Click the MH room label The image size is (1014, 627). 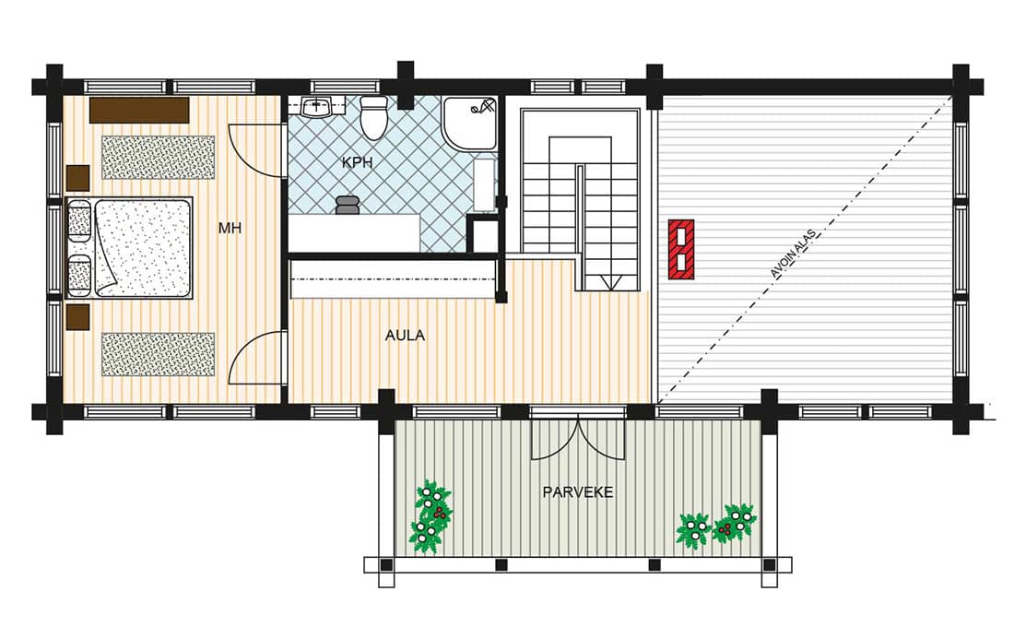point(230,228)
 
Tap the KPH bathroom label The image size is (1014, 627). point(357,162)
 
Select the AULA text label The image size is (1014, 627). point(405,336)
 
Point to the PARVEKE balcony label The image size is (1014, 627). point(577,491)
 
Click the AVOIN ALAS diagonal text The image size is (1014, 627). point(794,253)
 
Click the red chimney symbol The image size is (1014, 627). point(681,249)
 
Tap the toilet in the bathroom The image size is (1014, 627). point(372,118)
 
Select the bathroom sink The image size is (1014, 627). point(317,106)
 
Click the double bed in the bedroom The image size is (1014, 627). point(130,248)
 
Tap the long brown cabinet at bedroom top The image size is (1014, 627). point(139,110)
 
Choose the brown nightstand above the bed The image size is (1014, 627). point(78,178)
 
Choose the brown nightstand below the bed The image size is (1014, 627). point(78,317)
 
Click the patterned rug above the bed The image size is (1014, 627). point(159,158)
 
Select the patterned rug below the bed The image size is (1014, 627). point(159,354)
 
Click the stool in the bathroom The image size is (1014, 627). point(348,204)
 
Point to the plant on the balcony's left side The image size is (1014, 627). point(430,516)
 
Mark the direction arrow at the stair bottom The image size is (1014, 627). point(609,282)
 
